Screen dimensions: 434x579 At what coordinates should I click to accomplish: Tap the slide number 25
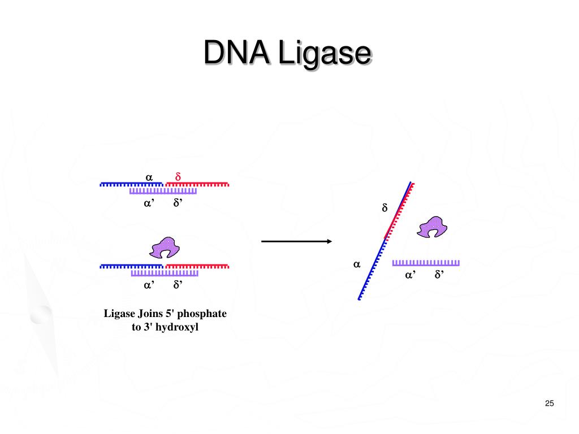pos(549,403)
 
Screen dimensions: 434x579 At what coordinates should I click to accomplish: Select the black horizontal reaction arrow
pos(296,241)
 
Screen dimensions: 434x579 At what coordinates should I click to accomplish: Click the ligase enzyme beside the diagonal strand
pos(432,227)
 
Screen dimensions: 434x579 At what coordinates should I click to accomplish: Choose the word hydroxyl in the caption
pos(180,327)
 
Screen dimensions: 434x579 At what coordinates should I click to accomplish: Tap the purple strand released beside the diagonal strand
pos(426,263)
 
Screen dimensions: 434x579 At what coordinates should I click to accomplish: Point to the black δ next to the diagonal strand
pos(384,209)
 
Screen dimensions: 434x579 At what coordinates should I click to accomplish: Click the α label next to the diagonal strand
pos(357,264)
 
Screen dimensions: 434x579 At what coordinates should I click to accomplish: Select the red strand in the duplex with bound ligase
pos(197,266)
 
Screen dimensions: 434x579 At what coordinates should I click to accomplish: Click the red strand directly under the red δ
pos(197,184)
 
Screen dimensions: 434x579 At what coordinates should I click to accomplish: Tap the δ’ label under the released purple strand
pos(438,275)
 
